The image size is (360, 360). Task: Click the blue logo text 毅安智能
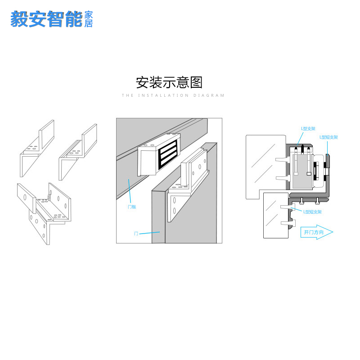(x=47, y=19)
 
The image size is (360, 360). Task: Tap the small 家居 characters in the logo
(x=89, y=19)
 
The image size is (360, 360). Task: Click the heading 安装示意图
(x=169, y=83)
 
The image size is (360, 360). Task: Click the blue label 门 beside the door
(x=136, y=234)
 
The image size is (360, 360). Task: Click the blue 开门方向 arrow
(x=317, y=232)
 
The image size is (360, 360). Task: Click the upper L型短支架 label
(x=328, y=137)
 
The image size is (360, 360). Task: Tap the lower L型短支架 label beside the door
(x=312, y=211)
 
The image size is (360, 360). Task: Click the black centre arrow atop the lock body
(x=303, y=148)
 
